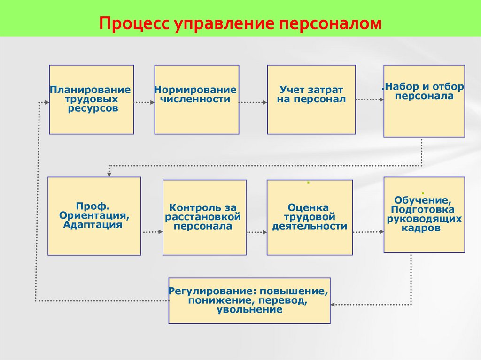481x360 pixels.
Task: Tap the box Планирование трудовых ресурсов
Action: (x=92, y=100)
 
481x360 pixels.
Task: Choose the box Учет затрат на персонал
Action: (x=311, y=100)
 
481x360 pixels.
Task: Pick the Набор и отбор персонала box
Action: (x=424, y=101)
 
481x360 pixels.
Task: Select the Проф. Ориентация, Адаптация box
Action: (x=94, y=216)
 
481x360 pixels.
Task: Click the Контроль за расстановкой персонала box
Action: (x=204, y=217)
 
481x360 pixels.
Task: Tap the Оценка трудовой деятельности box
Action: (x=310, y=217)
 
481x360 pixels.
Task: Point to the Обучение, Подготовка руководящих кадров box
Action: (x=424, y=214)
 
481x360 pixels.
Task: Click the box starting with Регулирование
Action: (x=249, y=300)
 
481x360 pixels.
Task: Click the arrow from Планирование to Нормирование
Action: (x=144, y=102)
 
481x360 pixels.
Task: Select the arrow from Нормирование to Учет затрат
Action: (x=253, y=102)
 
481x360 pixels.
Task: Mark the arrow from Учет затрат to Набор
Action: (x=369, y=100)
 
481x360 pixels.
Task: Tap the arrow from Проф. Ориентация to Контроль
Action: (x=152, y=232)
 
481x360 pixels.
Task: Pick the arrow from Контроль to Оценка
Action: (x=256, y=232)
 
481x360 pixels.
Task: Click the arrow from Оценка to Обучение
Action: (x=368, y=232)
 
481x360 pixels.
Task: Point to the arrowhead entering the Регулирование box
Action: (x=334, y=304)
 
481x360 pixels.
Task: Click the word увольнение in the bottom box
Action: (x=249, y=310)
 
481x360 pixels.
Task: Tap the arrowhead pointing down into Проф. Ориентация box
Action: (x=109, y=174)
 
